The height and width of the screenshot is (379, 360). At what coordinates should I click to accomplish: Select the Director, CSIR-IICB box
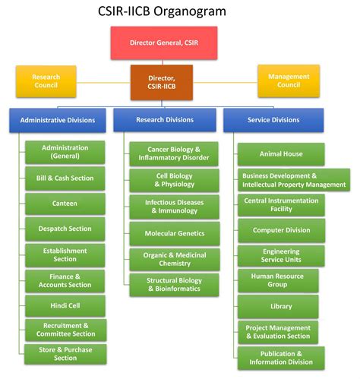click(x=161, y=81)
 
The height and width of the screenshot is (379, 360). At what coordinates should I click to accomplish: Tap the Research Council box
click(x=46, y=81)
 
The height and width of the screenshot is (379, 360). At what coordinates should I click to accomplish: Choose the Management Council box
click(x=289, y=81)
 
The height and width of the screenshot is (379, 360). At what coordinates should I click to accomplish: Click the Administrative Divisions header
click(x=58, y=120)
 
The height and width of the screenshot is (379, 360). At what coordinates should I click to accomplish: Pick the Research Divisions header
click(x=165, y=120)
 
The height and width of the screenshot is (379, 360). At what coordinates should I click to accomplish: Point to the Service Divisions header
click(x=273, y=120)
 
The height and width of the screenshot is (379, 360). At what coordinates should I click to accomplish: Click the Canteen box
click(x=65, y=204)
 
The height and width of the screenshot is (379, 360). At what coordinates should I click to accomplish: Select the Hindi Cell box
click(x=65, y=305)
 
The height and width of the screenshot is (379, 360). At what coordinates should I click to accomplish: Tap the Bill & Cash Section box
click(x=65, y=178)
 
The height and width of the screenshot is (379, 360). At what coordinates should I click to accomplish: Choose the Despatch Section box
click(x=65, y=229)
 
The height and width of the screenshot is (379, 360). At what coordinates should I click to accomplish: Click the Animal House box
click(x=281, y=154)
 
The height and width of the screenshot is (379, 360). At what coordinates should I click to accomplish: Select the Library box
click(x=281, y=306)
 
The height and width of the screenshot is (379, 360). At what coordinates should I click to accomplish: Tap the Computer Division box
click(x=281, y=229)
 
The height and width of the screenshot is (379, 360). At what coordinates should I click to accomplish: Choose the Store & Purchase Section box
click(x=65, y=353)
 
